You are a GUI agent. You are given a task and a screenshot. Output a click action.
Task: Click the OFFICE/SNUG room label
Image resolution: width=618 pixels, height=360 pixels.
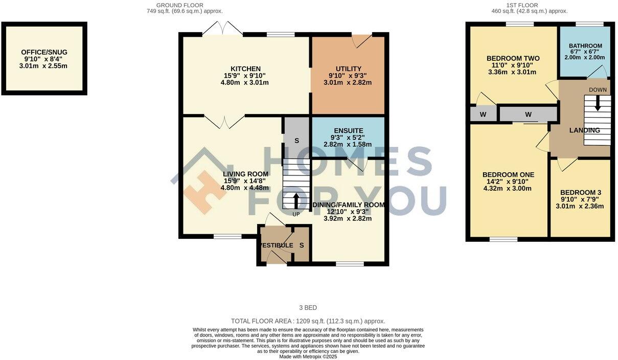coord(44,52)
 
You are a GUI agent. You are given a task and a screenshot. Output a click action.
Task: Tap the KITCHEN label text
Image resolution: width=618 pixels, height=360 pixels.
coord(245,69)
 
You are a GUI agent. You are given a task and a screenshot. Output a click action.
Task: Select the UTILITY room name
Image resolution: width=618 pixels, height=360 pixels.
coord(348,69)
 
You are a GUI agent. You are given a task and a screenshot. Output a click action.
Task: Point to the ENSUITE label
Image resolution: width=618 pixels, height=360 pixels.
coord(348,131)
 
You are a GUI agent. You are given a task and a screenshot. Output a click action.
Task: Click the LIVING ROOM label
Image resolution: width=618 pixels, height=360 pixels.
coord(245,174)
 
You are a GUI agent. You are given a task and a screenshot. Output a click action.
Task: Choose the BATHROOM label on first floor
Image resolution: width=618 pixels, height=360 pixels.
coord(585,46)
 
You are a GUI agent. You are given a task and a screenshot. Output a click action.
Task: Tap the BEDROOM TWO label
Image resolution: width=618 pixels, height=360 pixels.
coord(513,58)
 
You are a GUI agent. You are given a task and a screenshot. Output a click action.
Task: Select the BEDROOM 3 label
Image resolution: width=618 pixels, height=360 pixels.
coord(580,193)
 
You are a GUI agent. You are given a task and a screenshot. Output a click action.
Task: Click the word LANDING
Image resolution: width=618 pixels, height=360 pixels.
coord(585,130)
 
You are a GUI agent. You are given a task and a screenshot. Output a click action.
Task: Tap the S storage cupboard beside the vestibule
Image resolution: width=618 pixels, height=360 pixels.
coord(302,245)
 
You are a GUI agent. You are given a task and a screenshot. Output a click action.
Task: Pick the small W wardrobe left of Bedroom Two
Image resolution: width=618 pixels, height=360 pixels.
coord(483,114)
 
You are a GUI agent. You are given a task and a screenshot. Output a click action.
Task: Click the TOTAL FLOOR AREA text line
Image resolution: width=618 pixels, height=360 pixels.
coord(308,321)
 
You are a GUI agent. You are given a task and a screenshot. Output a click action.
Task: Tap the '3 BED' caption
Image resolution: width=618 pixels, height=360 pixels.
coord(308,308)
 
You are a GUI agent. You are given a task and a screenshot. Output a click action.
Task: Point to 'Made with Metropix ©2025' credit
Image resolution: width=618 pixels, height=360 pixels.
coord(308,356)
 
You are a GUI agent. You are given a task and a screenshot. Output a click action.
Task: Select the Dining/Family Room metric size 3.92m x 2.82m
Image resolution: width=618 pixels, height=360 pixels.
coord(348,218)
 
